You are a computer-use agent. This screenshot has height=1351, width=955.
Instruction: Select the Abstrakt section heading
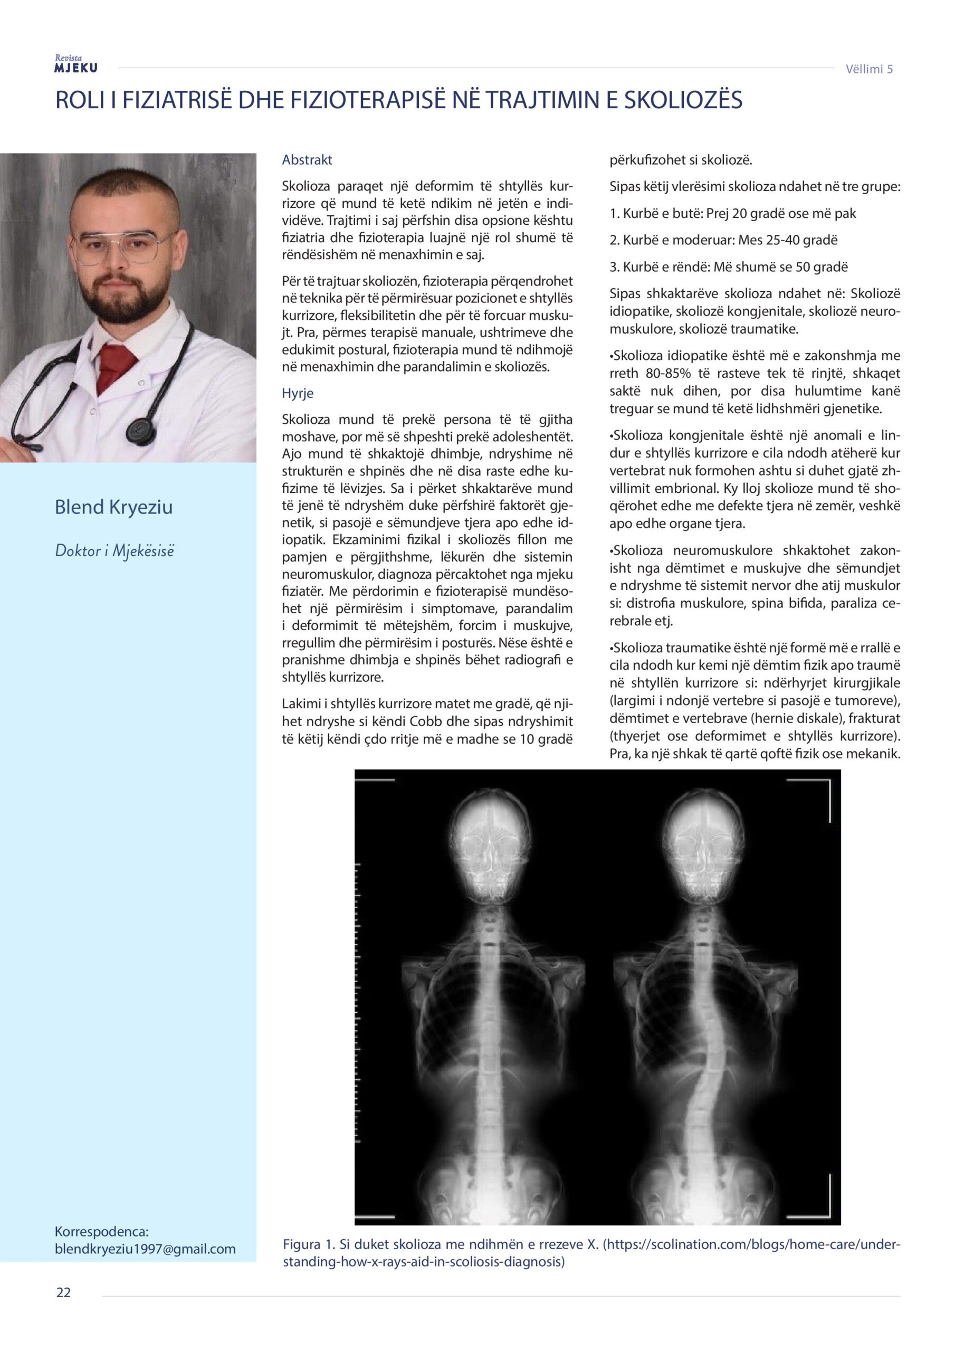coord(307,159)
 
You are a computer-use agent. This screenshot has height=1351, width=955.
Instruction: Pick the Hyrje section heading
coord(298,393)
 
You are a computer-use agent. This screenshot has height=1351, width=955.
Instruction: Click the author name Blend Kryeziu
coord(113,507)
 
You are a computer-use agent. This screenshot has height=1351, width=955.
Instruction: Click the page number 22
coord(63,1309)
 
